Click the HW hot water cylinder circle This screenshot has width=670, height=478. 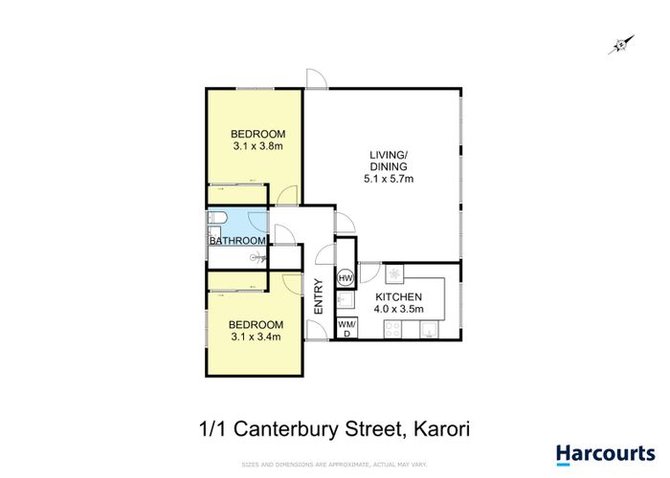[346, 278]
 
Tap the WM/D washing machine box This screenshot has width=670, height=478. [346, 328]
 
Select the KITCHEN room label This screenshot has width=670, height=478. [399, 296]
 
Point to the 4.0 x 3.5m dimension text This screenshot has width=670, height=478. [399, 309]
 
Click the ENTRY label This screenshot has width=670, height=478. [319, 296]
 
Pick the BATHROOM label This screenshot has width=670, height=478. [237, 241]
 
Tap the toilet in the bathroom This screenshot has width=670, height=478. [215, 219]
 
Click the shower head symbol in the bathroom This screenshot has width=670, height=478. [257, 257]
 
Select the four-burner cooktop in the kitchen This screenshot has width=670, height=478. [392, 329]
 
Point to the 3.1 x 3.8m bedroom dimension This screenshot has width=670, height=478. [258, 146]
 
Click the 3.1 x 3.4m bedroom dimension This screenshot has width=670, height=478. [256, 337]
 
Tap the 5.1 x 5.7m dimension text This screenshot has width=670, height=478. [389, 179]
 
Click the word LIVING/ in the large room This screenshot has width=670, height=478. [387, 155]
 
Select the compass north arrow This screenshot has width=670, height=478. [621, 45]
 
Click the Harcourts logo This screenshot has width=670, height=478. [606, 454]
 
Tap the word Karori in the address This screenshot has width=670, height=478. [442, 429]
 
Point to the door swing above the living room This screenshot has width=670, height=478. [317, 79]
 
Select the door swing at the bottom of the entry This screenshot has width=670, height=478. [318, 330]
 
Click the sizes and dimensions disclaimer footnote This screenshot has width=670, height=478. [334, 465]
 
